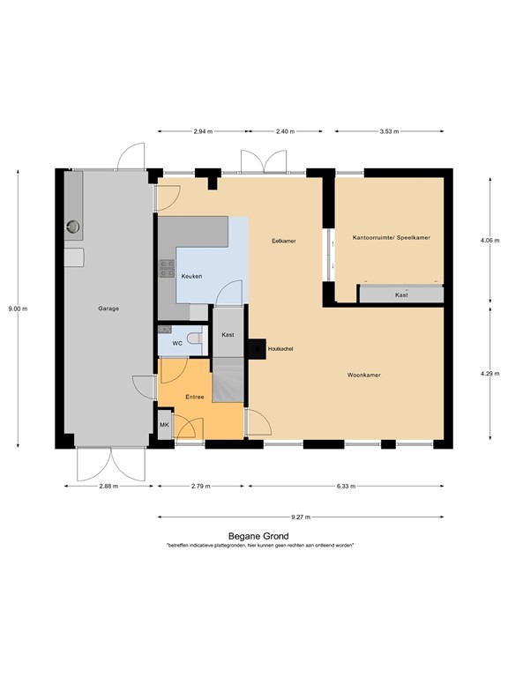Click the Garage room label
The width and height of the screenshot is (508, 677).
(109, 309)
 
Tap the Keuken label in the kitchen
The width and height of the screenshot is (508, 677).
(191, 277)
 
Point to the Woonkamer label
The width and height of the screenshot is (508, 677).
(363, 375)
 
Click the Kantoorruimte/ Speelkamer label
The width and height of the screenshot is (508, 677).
(391, 237)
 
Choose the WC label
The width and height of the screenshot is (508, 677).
(177, 342)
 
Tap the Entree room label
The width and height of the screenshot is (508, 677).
(195, 397)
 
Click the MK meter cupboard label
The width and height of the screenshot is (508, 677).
(164, 426)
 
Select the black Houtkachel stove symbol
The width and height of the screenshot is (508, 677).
(256, 349)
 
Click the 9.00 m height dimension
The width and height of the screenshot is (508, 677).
(18, 309)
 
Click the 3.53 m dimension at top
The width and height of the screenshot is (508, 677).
(389, 131)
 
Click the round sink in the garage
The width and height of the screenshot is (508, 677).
(72, 228)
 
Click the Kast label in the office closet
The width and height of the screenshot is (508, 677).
(401, 295)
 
